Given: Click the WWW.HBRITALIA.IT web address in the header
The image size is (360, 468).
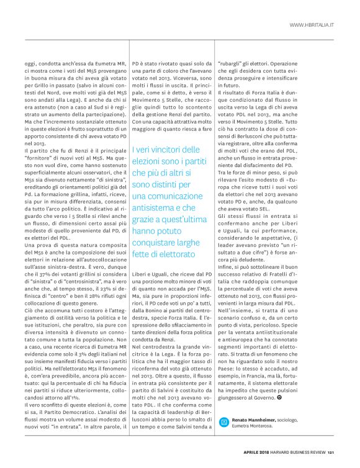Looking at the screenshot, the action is pos(312,25).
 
